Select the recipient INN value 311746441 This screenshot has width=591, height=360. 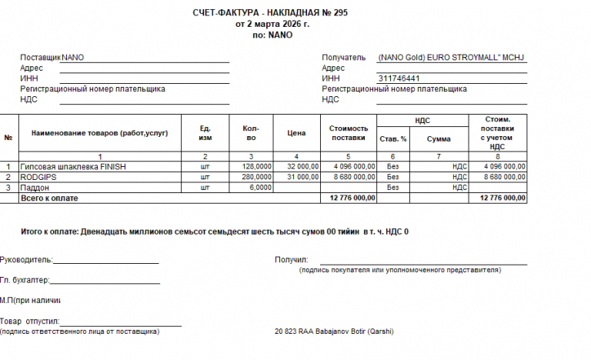[399, 78]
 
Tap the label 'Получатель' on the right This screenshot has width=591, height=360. [344, 58]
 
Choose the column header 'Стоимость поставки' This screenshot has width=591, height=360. [349, 133]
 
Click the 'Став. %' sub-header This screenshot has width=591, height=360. [393, 139]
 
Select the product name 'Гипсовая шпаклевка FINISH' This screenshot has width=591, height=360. [73, 166]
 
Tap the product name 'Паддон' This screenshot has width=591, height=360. [35, 187]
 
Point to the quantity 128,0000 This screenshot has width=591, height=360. [256, 166]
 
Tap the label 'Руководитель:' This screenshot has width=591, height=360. [26, 260]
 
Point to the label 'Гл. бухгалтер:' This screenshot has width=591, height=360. [25, 280]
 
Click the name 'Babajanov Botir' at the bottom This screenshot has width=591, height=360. [336, 332]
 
